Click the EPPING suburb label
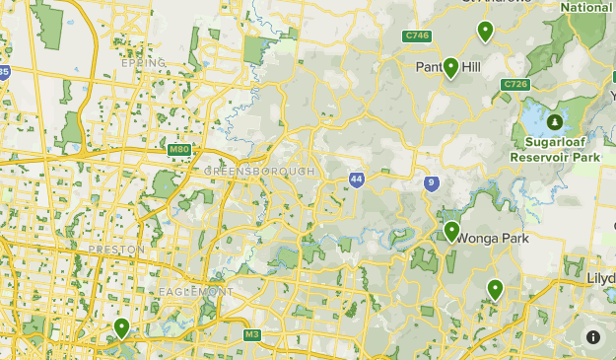point(140,63)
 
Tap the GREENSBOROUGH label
point(259,172)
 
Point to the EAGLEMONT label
point(194,292)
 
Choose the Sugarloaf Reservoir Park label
point(555,150)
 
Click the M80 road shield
point(178,149)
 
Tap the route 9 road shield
point(431,182)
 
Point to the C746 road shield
point(417,36)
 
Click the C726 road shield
point(514,85)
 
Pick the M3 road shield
point(252,335)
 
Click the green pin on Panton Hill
point(450,67)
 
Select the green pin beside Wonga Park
point(451,232)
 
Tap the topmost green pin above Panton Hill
point(485,32)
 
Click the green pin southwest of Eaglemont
point(121,326)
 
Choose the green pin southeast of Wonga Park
point(495,289)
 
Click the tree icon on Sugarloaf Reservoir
point(555,122)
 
